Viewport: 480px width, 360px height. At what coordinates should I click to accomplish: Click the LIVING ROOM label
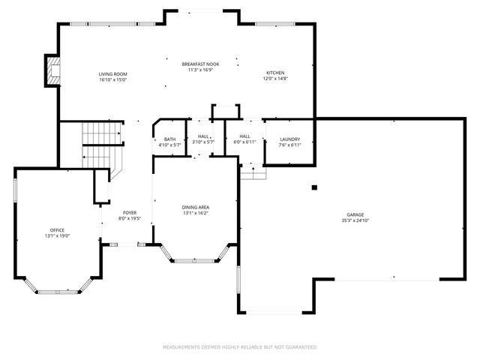(x=113, y=73)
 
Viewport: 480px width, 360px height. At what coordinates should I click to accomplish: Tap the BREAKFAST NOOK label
(x=199, y=64)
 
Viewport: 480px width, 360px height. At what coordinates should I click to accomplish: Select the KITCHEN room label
(x=274, y=73)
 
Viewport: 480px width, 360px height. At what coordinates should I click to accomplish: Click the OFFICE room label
(x=58, y=230)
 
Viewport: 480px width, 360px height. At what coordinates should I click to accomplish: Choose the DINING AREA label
(x=195, y=207)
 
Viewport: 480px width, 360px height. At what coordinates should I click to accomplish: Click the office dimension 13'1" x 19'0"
(x=58, y=236)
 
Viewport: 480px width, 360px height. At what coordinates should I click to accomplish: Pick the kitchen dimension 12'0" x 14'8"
(x=274, y=79)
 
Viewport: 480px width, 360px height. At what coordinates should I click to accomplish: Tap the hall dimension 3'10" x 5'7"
(x=203, y=142)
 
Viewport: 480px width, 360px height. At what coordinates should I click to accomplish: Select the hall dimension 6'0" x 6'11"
(x=244, y=142)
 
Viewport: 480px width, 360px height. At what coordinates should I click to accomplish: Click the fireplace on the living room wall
(x=52, y=70)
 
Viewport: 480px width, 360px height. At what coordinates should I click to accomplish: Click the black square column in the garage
(x=315, y=187)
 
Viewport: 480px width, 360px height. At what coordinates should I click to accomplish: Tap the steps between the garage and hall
(x=253, y=172)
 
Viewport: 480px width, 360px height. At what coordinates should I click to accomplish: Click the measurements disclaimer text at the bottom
(x=240, y=347)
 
